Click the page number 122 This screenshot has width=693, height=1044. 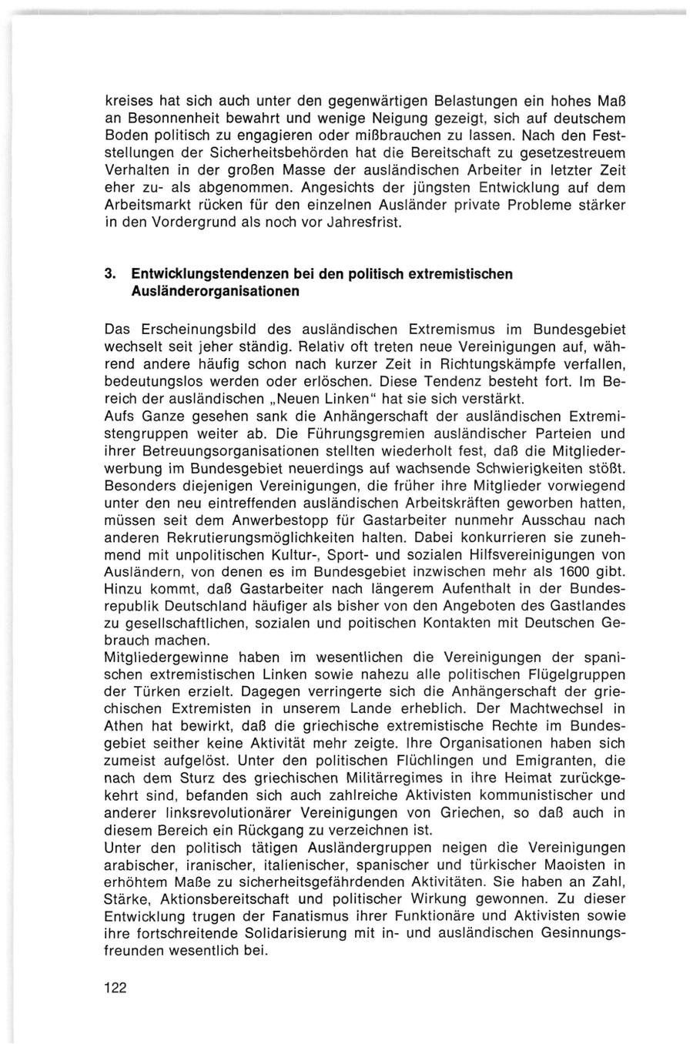115,988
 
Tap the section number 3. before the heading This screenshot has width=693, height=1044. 109,274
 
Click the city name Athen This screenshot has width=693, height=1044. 122,724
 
